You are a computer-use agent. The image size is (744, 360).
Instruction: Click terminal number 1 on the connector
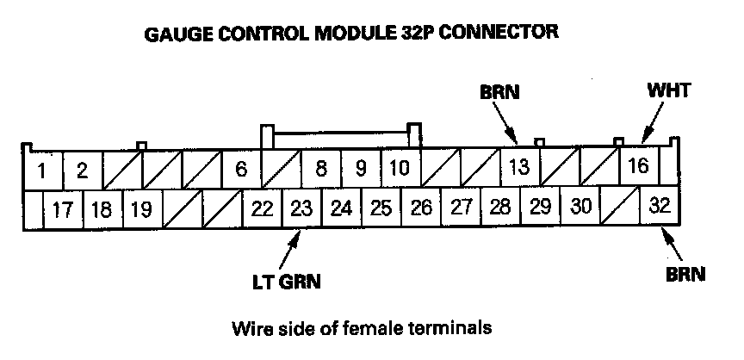(40, 169)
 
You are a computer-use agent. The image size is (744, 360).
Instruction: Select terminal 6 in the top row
(240, 169)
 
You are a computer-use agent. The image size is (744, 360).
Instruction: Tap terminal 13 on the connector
(519, 167)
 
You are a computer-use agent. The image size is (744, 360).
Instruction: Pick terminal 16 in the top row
(638, 166)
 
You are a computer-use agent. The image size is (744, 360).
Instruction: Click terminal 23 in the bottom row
(301, 208)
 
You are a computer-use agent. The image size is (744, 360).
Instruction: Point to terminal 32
(660, 208)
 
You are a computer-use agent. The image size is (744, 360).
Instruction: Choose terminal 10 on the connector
(400, 168)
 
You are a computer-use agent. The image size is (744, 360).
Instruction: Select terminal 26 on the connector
(421, 208)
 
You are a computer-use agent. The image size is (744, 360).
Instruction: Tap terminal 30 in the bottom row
(580, 208)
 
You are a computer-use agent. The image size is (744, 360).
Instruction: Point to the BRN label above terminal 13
(499, 91)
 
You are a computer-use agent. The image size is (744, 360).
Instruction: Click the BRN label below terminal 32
(685, 276)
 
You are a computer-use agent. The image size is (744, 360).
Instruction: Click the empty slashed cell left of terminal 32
(621, 208)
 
